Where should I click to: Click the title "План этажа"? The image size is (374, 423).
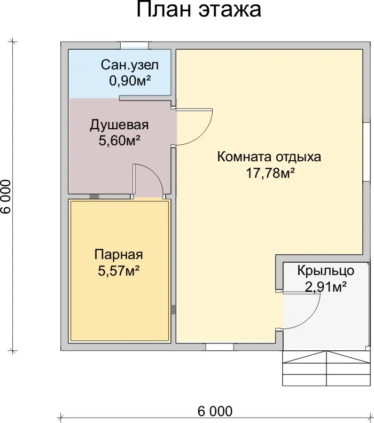pos(199,10)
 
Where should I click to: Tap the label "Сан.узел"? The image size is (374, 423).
pos(130,66)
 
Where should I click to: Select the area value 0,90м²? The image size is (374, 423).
pos(130,81)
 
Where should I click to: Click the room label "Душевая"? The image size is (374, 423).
pos(119,126)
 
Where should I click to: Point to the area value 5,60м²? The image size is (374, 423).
pos(119,140)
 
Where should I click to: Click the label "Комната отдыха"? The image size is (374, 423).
pos(269,157)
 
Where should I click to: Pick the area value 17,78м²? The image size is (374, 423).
pos(270,173)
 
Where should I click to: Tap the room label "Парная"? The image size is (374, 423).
pos(119,255)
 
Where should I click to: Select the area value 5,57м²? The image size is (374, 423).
pos(119,271)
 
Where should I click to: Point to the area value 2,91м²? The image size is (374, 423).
pos(326,287)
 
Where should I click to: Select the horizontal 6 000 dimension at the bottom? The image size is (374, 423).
pos(215,412)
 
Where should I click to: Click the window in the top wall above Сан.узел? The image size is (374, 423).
pos(134,45)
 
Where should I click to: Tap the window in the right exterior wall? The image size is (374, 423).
pos(367,152)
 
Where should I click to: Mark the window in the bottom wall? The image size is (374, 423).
pos(220,347)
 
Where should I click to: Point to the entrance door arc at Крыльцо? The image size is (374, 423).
pos(311,318)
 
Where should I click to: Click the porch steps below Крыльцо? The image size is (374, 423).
pos(326,368)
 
